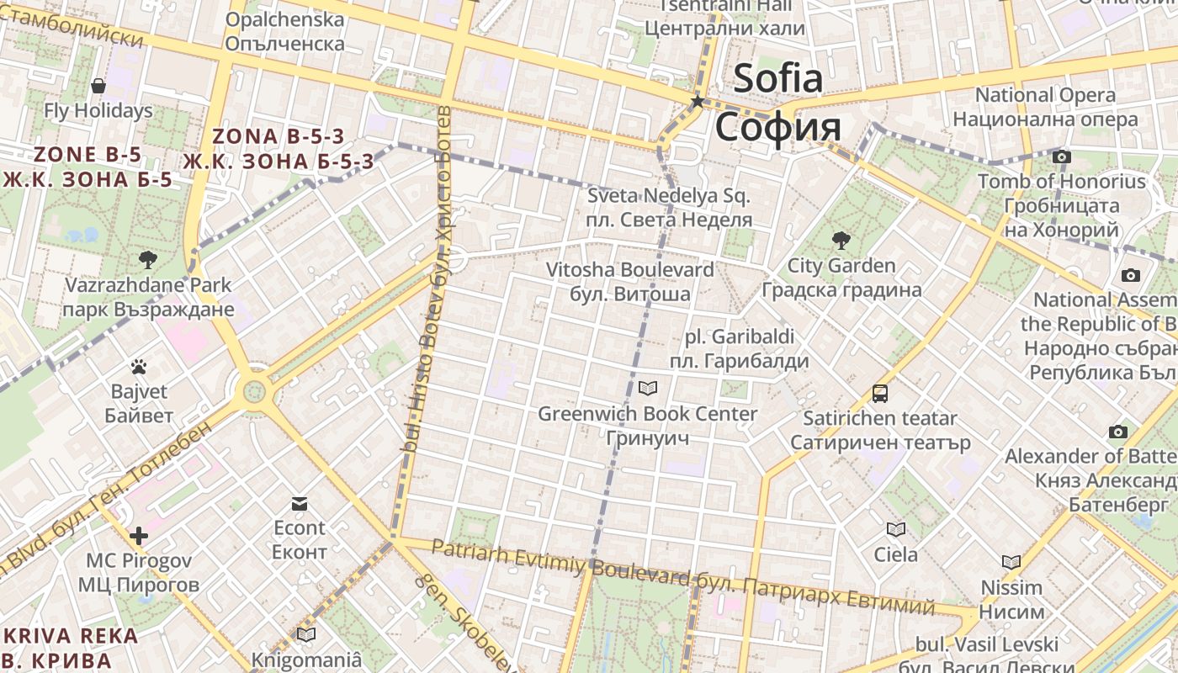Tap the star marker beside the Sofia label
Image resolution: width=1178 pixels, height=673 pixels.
[698, 102]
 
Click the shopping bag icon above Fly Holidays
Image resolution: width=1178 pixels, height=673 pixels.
[98, 85]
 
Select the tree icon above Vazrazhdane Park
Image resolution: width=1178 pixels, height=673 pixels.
[148, 259]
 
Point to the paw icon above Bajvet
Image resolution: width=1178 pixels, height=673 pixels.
[139, 367]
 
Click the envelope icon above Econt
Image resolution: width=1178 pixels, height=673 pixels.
[299, 504]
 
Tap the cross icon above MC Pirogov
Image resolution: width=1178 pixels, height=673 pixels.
[139, 536]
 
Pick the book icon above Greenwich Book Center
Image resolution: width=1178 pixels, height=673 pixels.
[647, 388]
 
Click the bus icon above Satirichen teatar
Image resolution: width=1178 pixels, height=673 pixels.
[880, 393]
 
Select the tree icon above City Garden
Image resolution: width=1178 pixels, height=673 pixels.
[841, 241]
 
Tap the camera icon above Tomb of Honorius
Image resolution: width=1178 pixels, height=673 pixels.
[1062, 156]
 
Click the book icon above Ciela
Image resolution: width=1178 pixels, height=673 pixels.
[895, 529]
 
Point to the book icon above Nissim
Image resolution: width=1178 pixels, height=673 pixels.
[1011, 562]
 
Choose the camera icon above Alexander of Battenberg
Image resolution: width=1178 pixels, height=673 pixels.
[1117, 432]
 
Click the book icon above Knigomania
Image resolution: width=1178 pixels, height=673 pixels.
[305, 634]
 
